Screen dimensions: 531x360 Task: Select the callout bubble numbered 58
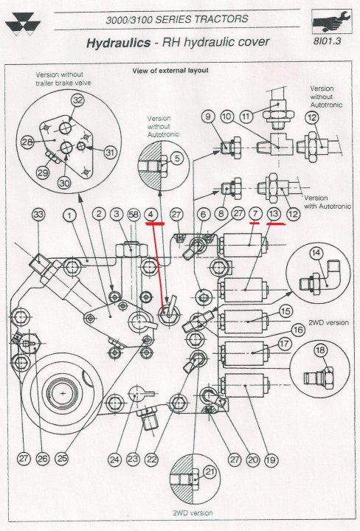coord(134,214)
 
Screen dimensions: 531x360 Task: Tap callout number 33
coord(38,215)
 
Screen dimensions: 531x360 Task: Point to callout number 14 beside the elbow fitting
coord(316,252)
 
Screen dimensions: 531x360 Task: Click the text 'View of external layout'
coord(170,71)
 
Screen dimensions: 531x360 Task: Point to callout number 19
coord(271,459)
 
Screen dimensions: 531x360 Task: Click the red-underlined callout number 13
coord(274,214)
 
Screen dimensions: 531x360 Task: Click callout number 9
coord(207,116)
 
